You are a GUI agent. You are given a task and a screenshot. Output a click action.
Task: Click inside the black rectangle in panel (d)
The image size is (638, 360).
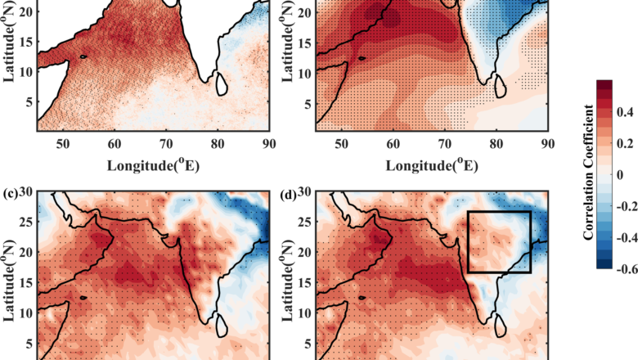coord(499,241)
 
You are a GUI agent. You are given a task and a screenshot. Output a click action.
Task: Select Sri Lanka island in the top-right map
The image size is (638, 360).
coord(498,84)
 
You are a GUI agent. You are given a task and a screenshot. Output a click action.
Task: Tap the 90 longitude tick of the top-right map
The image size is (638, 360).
coord(546,144)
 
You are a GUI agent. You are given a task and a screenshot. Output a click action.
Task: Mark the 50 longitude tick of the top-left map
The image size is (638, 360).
coord(62,144)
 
